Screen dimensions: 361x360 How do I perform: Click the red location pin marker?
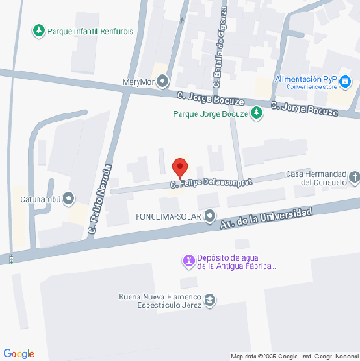tap(180, 167)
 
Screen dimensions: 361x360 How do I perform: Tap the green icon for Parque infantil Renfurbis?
tap(38, 31)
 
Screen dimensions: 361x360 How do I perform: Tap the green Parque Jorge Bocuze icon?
tap(256, 113)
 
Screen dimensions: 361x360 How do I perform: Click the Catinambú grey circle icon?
tap(69, 198)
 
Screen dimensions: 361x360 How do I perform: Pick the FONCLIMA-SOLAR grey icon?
tap(210, 215)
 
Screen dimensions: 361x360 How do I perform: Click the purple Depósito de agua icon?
tap(188, 261)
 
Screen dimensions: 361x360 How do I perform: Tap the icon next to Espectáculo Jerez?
tap(210, 299)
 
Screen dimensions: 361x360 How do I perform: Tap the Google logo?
tap(19, 353)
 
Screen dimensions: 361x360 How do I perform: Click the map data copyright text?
tap(294, 357)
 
